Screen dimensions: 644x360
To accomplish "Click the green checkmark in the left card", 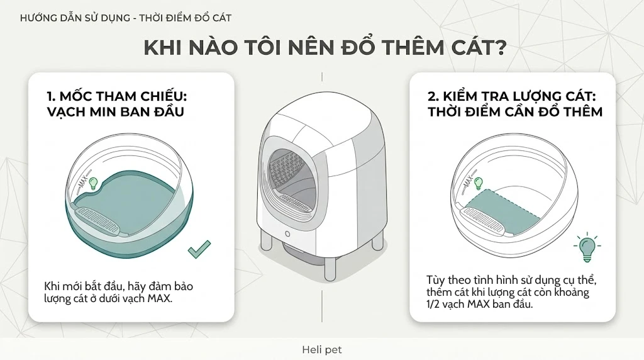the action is pos(199,249).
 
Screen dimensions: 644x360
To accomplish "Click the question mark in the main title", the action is pos(499,48).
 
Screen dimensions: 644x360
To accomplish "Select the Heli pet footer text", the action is pos(321,350).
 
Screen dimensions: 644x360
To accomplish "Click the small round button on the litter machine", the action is pos(287,234).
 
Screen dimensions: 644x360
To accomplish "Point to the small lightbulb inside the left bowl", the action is pos(94,183).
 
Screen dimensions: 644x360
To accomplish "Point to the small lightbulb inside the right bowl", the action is pos(478,183).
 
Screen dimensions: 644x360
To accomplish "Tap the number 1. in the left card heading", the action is pos(51,96).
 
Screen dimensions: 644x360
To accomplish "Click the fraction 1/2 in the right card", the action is pos(432,305).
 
